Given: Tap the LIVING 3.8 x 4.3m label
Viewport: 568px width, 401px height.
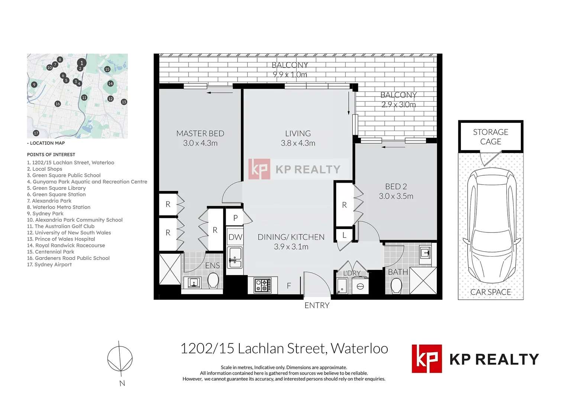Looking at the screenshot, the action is pyautogui.click(x=298, y=138).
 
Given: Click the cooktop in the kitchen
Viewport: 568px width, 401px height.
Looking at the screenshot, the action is pyautogui.click(x=262, y=285).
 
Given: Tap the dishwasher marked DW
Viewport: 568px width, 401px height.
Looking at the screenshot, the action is pyautogui.click(x=235, y=237).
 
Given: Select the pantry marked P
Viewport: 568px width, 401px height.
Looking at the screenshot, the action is pyautogui.click(x=235, y=218).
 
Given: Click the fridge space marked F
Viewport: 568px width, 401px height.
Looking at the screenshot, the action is pyautogui.click(x=289, y=286).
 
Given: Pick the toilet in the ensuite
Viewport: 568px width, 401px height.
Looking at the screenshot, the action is pyautogui.click(x=213, y=280).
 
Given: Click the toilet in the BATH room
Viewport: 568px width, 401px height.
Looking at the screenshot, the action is pyautogui.click(x=396, y=286).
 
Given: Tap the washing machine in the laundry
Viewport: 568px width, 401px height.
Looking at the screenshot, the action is pyautogui.click(x=360, y=286).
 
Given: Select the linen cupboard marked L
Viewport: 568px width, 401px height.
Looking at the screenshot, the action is pyautogui.click(x=344, y=235).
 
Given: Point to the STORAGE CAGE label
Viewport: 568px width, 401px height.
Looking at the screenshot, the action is pyautogui.click(x=491, y=137).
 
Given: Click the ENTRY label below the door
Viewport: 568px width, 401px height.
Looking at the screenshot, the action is pyautogui.click(x=317, y=306).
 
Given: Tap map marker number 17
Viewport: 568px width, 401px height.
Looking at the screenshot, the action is pyautogui.click(x=36, y=133).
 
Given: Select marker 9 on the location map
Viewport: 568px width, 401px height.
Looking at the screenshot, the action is pyautogui.click(x=34, y=85).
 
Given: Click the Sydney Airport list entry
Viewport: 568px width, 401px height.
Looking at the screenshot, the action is pyautogui.click(x=49, y=264).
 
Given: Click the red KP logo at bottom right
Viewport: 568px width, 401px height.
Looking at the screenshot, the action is pyautogui.click(x=427, y=359).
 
